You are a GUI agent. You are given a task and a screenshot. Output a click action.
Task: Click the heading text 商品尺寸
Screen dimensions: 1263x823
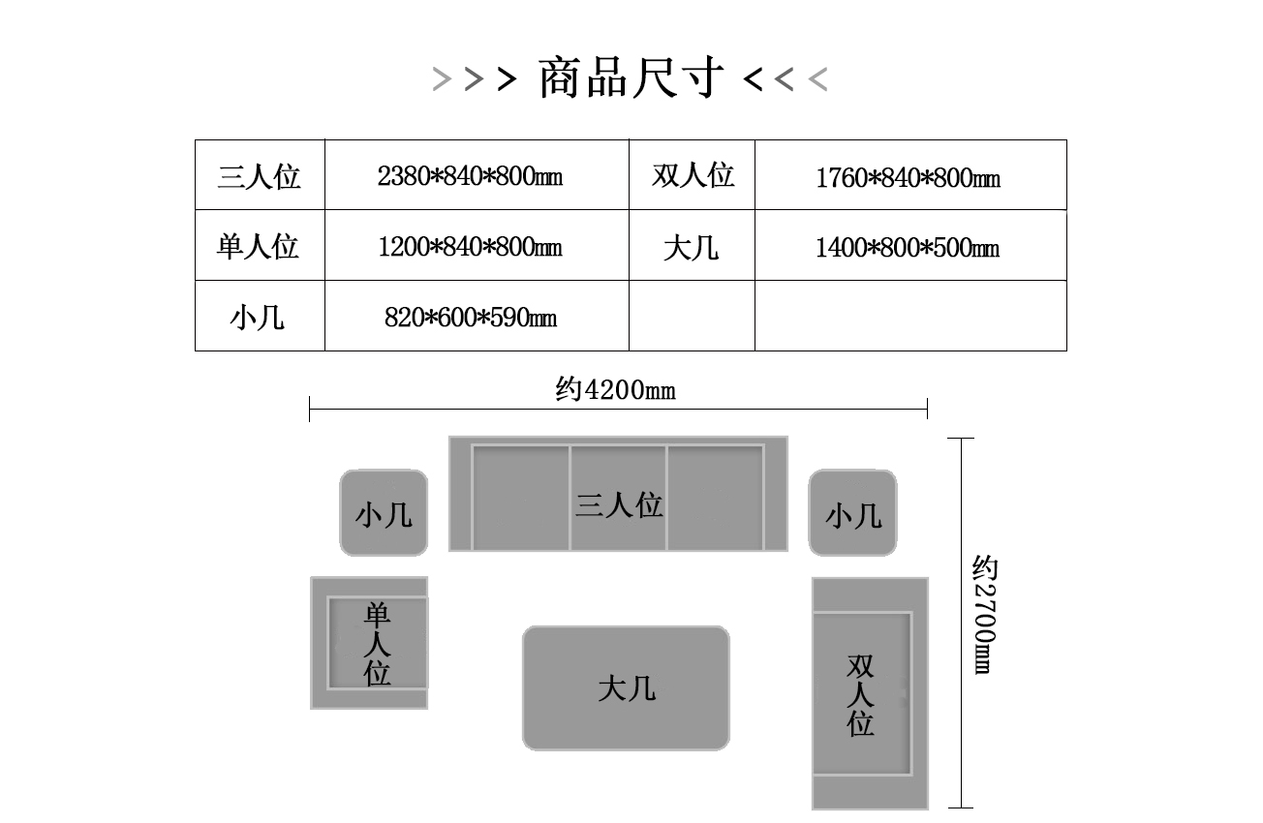coord(631,77)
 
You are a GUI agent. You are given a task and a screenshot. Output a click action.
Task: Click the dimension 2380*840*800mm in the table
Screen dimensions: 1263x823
coord(471,176)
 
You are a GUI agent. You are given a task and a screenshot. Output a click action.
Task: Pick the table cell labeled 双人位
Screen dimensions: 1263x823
coord(693,175)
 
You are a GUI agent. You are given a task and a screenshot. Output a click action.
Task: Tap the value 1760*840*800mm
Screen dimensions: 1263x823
coord(909,178)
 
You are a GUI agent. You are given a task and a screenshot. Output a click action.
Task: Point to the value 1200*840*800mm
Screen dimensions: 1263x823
coord(471,247)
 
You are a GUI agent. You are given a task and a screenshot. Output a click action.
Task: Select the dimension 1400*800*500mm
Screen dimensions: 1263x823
coord(908,248)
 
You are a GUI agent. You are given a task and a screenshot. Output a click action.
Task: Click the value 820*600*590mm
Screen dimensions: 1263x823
coord(471,318)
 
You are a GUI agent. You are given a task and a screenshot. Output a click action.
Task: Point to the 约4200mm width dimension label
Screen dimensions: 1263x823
coord(616,389)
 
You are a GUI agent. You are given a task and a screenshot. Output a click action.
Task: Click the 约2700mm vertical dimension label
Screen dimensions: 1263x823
coord(985,615)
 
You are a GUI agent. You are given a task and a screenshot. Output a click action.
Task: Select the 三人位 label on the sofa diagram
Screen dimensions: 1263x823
coord(619,504)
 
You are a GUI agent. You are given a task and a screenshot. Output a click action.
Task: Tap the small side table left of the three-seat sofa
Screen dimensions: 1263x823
coord(384,513)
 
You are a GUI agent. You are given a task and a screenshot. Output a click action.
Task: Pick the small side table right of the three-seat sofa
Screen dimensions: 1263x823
coord(852,513)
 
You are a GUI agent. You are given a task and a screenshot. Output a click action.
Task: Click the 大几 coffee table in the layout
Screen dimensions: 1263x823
coord(626,688)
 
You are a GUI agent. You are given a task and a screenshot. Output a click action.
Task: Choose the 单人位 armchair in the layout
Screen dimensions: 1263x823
coord(369,643)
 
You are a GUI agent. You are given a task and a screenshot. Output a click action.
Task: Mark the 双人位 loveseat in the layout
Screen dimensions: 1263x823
coord(870,693)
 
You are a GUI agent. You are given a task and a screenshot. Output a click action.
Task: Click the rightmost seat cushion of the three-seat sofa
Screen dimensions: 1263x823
coord(716,498)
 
